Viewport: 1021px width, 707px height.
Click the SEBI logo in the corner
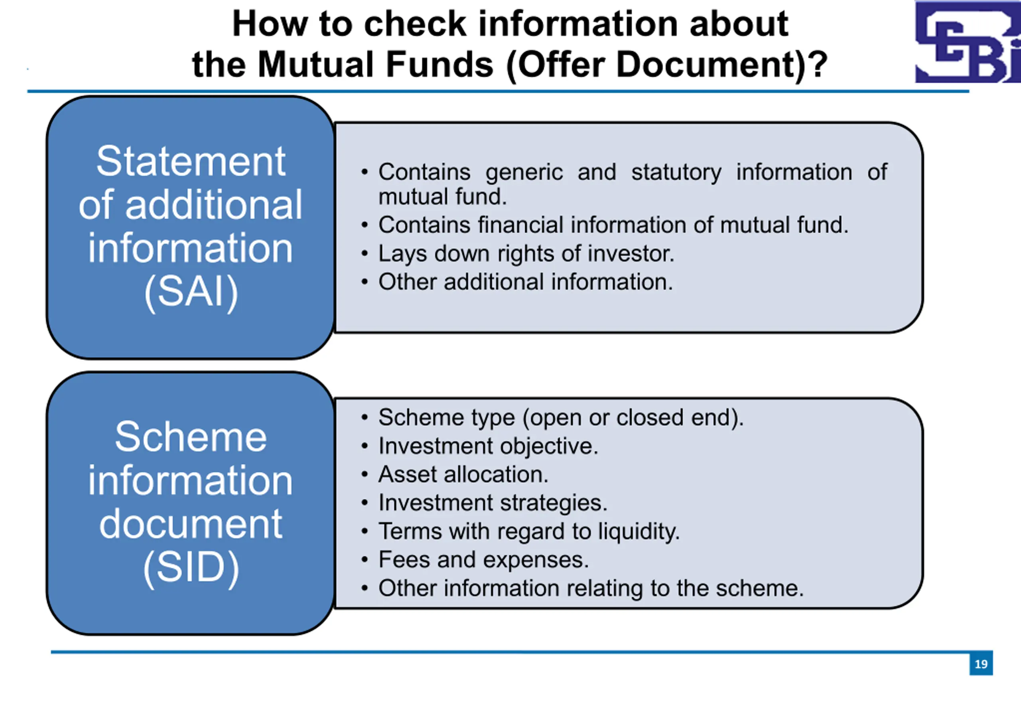coord(968,42)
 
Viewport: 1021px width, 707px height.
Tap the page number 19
coord(981,664)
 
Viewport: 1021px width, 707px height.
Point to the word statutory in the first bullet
coord(676,172)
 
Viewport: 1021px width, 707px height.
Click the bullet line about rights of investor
coord(518,254)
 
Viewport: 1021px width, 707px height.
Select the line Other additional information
coord(517,282)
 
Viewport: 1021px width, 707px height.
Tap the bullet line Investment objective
coord(479,446)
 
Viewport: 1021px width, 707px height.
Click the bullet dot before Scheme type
coord(365,417)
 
